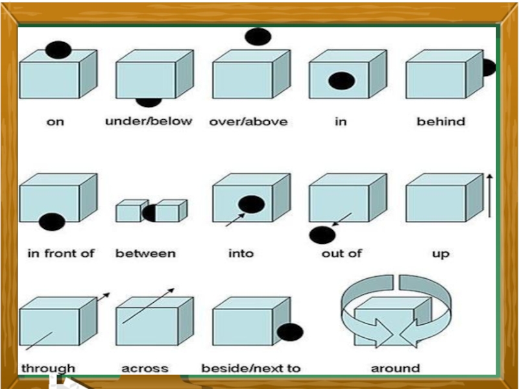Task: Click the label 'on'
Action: pos(56,122)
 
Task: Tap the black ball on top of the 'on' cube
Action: pos(58,49)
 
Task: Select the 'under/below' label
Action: pos(149,121)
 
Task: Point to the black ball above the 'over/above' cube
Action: pos(258,37)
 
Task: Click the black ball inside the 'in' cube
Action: pos(341,81)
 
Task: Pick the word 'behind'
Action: pos(441,121)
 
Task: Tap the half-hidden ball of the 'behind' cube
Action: pos(489,67)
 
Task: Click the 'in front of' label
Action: pos(61,253)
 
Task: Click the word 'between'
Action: pos(145,253)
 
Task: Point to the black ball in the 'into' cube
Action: pos(251,204)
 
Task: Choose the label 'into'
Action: pos(241,253)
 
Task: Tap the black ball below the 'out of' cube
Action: pos(322,235)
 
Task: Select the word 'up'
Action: pos(441,253)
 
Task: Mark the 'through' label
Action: pos(48,368)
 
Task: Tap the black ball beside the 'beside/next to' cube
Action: pos(290,332)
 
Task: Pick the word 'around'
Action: pos(395,368)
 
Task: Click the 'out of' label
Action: pos(341,253)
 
